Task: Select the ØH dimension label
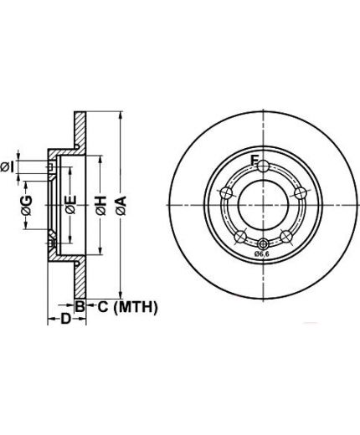[101, 206]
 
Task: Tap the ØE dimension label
[71, 205]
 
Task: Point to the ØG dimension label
[27, 206]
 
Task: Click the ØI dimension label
[8, 166]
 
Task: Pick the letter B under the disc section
[80, 307]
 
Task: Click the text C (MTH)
[127, 307]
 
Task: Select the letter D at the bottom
[66, 319]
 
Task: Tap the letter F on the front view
[254, 161]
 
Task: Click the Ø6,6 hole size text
[261, 253]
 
